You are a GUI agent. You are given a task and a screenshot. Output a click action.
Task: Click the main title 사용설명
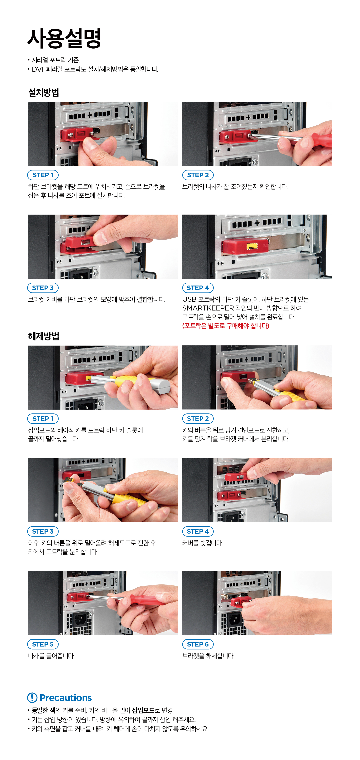pos(64,38)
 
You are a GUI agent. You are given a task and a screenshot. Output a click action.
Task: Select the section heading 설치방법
pos(43,93)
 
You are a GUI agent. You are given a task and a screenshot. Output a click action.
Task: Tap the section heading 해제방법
pos(43,336)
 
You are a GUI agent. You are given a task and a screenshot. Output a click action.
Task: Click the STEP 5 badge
pos(43,644)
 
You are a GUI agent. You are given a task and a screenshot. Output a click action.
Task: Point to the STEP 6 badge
pos(198,644)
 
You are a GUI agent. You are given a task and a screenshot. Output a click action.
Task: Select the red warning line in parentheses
pos(226,326)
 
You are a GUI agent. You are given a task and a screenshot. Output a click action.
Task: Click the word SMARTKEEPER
pos(208,308)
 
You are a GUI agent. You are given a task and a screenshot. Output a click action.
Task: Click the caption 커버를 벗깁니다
pos(202,543)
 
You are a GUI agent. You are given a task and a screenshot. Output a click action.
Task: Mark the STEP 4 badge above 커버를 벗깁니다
pos(198,531)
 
